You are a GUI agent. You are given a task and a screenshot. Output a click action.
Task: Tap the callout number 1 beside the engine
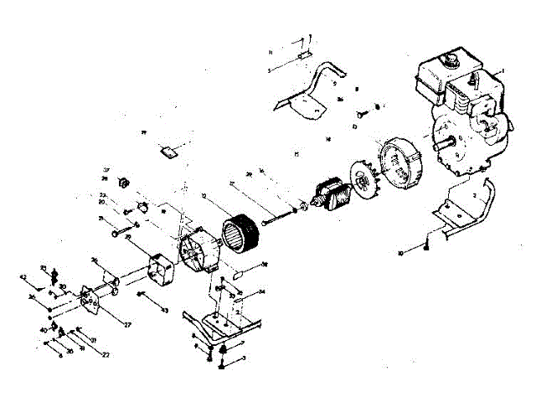501,70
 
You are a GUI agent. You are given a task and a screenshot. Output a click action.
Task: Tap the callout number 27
128,323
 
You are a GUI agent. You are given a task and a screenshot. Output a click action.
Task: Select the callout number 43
165,311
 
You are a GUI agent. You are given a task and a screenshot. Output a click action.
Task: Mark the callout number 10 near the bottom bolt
400,252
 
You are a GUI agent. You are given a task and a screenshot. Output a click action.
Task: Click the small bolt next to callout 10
426,244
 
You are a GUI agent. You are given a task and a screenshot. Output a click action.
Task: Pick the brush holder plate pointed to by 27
87,301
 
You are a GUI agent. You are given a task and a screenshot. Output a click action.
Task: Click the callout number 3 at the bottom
244,358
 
